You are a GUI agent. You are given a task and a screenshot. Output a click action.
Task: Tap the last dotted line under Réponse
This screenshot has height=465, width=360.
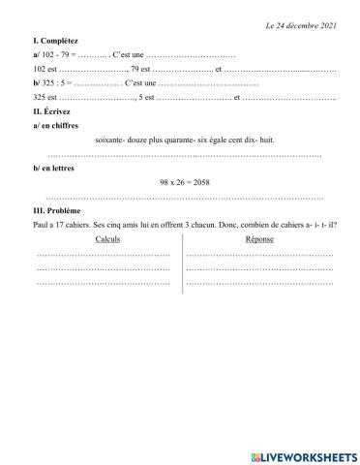[x=259, y=283]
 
